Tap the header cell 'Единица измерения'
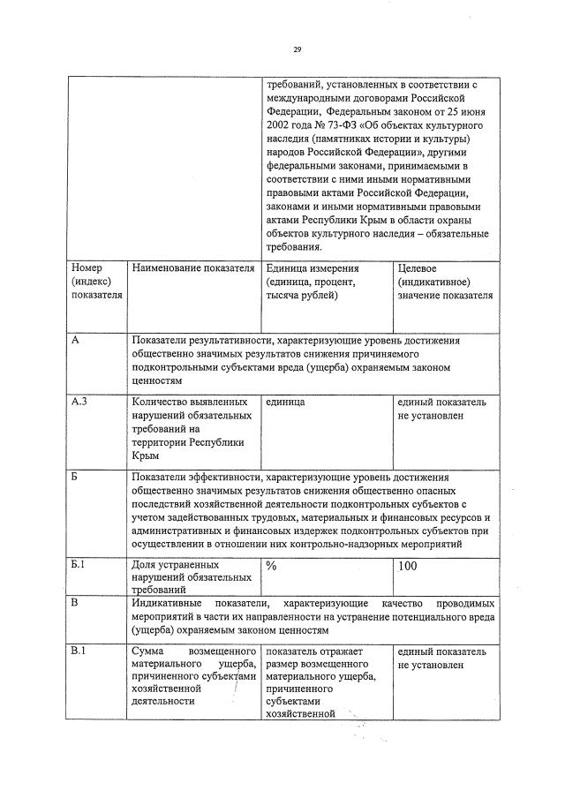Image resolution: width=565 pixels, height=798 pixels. pyautogui.click(x=305, y=281)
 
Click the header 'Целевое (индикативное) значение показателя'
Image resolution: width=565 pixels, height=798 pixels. pyautogui.click(x=445, y=281)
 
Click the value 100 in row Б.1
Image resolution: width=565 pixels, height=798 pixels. pyautogui.click(x=408, y=565)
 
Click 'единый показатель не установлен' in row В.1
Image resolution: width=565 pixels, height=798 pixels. pyautogui.click(x=441, y=658)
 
